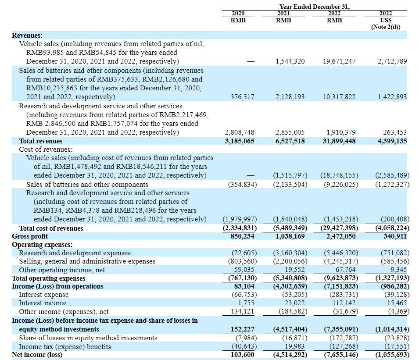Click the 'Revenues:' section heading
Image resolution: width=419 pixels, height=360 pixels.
[x=27, y=36]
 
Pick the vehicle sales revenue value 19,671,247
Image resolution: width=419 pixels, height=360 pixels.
[x=339, y=61]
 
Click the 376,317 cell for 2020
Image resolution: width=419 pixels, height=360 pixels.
[x=242, y=97]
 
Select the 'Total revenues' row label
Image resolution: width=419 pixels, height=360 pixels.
[x=41, y=141]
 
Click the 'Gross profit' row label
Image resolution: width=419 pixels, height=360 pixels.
[x=30, y=236]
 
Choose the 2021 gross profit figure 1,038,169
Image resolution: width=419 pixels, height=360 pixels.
[x=290, y=236]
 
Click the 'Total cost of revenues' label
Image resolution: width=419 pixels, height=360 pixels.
[x=51, y=228]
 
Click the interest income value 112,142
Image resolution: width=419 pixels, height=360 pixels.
[x=344, y=303]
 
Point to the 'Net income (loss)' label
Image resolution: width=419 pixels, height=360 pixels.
[x=37, y=355]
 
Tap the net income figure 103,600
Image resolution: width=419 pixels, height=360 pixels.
[x=242, y=355]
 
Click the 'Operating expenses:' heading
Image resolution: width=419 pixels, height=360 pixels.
[x=42, y=245]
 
